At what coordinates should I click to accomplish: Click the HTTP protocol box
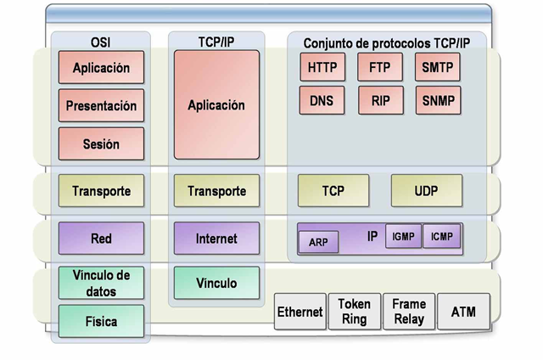pos(323,67)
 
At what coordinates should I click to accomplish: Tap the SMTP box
pos(438,67)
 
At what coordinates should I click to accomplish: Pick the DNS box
pos(323,101)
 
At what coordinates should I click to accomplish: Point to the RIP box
pos(380,101)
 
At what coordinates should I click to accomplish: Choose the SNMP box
pos(438,101)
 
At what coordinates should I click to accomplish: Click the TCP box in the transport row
pos(333,191)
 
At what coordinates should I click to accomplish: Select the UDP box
pos(427,191)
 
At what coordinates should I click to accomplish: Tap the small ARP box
pos(318,242)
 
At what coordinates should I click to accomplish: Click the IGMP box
pos(403,237)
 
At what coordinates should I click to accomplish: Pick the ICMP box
pos(441,237)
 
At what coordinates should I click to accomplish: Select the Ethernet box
pos(300,312)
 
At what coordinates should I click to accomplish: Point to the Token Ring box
pos(355,311)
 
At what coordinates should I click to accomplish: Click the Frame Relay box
pos(409,311)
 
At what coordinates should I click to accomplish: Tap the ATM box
pos(464,312)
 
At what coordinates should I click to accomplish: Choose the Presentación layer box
pos(101,107)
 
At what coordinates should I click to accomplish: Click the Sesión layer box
pos(101,144)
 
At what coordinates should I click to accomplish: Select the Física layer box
pos(101,322)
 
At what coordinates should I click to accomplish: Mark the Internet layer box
pos(216,239)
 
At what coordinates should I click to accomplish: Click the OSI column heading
pos(101,41)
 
